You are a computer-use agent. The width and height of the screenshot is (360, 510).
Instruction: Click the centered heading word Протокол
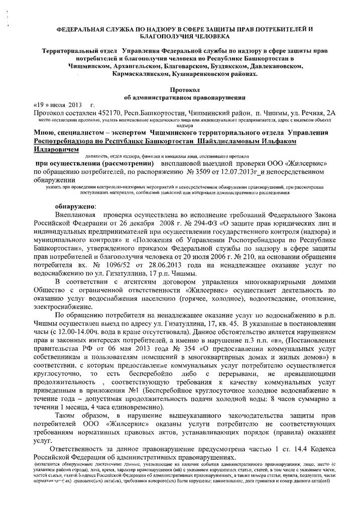click(179, 87)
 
